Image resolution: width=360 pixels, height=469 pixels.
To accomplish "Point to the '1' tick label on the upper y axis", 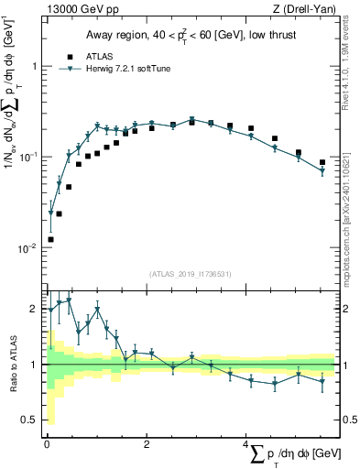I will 34,67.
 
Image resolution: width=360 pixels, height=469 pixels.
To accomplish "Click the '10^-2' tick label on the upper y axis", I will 28,248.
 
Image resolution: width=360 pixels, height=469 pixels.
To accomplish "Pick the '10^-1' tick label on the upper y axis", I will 28,158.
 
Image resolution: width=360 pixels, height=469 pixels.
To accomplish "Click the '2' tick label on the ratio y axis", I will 34,309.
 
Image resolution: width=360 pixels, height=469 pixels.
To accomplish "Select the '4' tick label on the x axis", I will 246,444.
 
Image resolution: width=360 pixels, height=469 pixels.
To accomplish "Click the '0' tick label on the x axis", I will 47,444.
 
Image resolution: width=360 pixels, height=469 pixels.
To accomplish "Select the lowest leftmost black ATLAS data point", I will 50,239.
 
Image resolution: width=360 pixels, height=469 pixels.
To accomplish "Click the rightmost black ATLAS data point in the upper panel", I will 322,163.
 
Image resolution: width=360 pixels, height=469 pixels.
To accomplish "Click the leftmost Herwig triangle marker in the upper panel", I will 50,213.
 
